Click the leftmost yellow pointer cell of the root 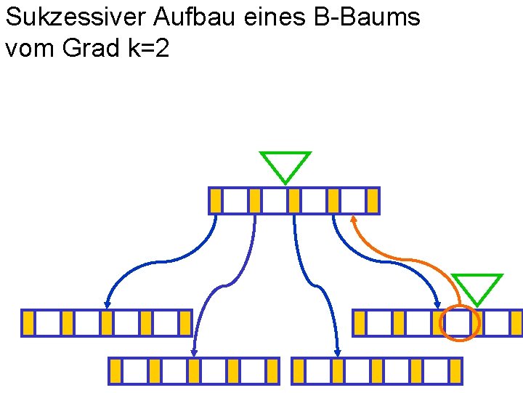point(216,201)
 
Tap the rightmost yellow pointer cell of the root point(373,201)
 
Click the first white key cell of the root point(235,201)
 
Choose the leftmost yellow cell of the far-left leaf point(28,323)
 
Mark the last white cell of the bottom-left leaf point(254,370)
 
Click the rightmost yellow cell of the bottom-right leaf point(455,370)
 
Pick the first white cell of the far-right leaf point(378,323)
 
